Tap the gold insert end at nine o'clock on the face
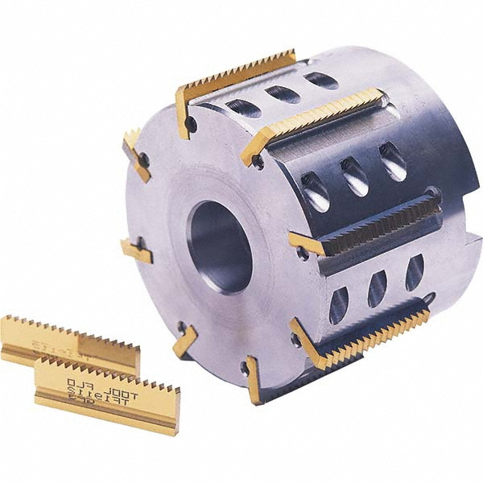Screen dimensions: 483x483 (136, 251)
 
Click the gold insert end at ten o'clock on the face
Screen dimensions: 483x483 (136, 153)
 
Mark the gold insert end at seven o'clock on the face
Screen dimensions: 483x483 (184, 341)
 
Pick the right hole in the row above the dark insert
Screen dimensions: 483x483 (394, 161)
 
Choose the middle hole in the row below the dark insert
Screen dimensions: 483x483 (378, 288)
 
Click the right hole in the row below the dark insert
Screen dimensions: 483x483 (415, 271)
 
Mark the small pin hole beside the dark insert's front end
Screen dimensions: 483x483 (303, 254)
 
